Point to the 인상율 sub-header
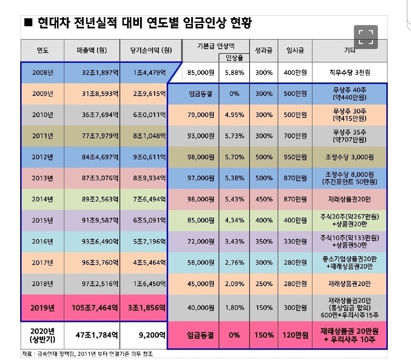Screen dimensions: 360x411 pos(234,58)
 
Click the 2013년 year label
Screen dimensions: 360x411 pos(42,178)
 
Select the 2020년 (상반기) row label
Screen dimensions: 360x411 pos(42,335)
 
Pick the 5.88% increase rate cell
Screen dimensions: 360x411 pos(234,72)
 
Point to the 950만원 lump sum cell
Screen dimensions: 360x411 pos(295,157)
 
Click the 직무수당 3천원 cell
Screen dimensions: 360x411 pos(349,72)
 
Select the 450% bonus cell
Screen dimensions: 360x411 pos(264,199)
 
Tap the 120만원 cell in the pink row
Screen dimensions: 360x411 pos(295,335)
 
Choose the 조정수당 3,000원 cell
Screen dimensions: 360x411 pos(349,157)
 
